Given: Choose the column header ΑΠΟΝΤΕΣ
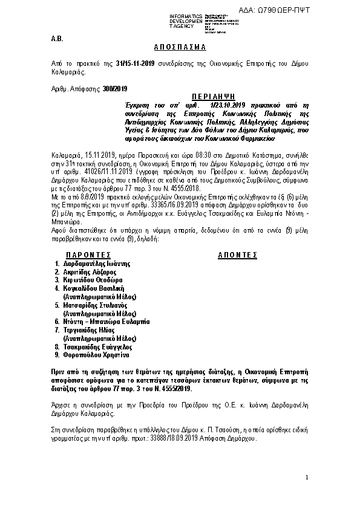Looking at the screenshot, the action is click(x=237, y=255).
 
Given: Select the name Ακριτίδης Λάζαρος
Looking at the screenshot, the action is click(x=90, y=272).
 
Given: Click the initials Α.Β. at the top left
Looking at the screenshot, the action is click(x=56, y=38).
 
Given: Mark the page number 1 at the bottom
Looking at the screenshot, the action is click(x=307, y=478).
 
